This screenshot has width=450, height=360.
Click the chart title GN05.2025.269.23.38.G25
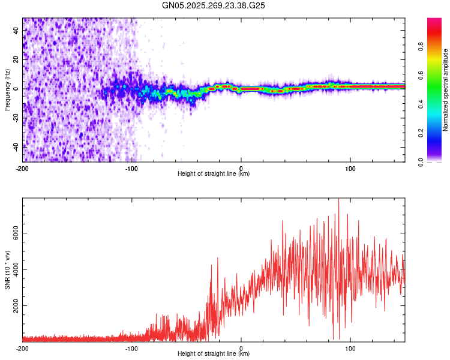pos(214,5)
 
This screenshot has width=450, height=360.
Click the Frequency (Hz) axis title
pos(7,89)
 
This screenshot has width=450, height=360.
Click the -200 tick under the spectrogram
pos(23,168)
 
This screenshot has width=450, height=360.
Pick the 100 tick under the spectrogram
pos(350,168)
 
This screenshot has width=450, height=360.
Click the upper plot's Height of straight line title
pos(214,174)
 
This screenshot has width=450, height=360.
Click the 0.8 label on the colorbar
pos(437,46)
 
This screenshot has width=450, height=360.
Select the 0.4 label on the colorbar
pos(437,104)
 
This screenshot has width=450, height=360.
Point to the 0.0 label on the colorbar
pos(437,161)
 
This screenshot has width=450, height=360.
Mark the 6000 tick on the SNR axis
pos(14,233)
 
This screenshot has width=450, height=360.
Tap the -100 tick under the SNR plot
pos(132,348)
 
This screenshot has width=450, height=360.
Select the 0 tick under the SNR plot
pos(241,348)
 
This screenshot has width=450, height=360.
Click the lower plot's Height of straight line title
pos(214,354)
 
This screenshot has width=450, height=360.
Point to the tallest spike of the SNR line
pos(339,200)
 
